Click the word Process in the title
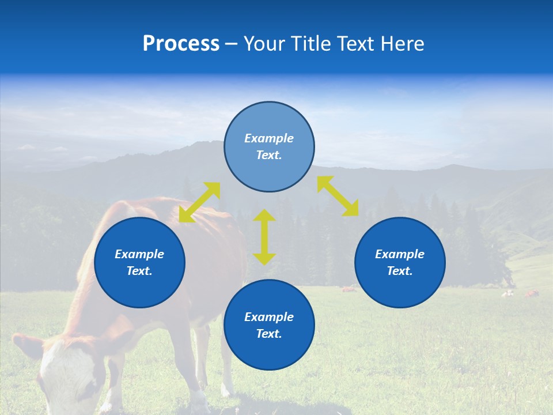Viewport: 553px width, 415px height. [181, 44]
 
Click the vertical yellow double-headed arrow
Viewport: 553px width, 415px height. [264, 237]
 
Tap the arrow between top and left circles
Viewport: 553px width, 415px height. [199, 202]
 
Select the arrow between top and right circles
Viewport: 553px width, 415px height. [338, 196]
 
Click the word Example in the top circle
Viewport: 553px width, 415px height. [269, 138]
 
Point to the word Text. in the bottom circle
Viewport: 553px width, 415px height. [269, 334]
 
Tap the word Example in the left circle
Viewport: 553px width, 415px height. [139, 254]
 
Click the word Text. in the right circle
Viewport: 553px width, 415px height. [400, 271]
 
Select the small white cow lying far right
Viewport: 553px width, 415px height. [507, 293]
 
